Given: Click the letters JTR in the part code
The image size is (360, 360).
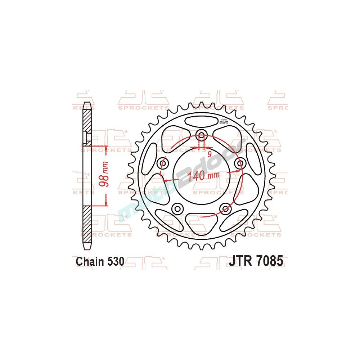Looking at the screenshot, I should point(240,261).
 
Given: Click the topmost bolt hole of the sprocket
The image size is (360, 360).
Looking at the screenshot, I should point(201,136).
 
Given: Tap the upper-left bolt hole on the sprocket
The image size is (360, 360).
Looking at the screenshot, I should point(163,164).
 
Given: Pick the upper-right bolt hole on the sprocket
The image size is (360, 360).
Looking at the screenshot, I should point(239,164).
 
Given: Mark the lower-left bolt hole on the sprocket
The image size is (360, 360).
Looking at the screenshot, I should point(177,208).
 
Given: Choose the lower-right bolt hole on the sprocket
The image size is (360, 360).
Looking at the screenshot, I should point(225,208).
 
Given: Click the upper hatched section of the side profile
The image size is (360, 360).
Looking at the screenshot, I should point(87,121).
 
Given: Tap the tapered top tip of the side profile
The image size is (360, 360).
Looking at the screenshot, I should point(87,105).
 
